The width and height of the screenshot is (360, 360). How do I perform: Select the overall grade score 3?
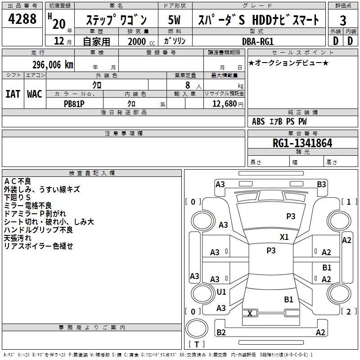coord(343,21)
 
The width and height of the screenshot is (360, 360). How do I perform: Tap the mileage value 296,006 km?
coord(53,65)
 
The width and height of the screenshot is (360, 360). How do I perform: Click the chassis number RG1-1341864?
coord(302,143)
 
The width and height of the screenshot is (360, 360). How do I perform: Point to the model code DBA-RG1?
coord(257,41)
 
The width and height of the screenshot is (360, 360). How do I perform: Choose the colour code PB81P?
coord(74,103)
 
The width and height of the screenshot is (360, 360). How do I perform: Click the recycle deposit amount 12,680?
coord(223,103)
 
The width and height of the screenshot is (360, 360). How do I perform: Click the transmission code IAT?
coord(13,94)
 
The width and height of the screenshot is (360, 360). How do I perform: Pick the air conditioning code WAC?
coord(35,94)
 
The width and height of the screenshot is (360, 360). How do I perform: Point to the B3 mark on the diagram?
coord(321,184)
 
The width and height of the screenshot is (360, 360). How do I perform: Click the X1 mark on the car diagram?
coord(284,237)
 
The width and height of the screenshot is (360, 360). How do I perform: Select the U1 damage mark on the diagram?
coord(221,292)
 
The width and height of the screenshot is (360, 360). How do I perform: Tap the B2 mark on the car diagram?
coord(221,333)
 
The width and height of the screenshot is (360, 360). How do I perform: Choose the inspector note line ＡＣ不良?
coord(18,181)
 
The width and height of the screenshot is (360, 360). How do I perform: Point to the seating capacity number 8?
coord(187,85)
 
